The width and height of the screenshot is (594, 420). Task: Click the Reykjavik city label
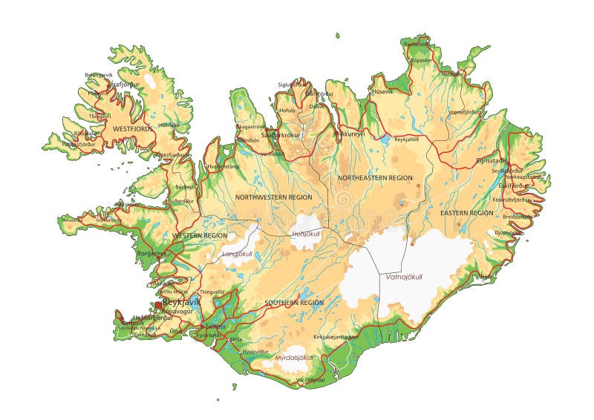pos(183,303)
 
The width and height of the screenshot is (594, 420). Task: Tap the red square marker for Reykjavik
pos(159,304)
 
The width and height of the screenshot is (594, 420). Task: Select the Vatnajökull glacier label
pos(405,276)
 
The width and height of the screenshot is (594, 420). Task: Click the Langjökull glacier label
pos(238,254)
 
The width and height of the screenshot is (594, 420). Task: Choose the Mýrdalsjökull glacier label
pos(294,357)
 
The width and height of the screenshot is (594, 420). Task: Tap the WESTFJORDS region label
pos(133,128)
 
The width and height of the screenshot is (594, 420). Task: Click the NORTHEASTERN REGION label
pos(375,178)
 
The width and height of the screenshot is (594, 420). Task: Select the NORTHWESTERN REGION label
pos(273,197)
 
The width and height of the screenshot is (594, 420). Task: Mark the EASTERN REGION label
pos(467,213)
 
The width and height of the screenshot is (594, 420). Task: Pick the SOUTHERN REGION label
pos(294,303)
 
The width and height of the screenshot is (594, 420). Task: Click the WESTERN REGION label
pos(200,235)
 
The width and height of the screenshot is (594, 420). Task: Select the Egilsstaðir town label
pos(492,160)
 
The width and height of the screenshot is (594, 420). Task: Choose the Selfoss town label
pos(215,327)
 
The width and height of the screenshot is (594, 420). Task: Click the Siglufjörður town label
pos(293,85)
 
